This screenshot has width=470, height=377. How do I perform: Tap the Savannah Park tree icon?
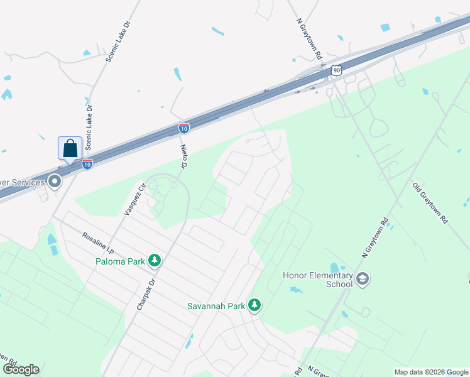[x=254, y=306]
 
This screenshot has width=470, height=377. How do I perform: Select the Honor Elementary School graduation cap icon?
[x=362, y=278]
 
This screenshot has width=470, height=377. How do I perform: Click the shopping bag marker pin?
[x=70, y=148]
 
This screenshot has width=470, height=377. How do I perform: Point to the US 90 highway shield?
[x=337, y=70]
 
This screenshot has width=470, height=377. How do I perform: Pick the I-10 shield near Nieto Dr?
[x=184, y=128]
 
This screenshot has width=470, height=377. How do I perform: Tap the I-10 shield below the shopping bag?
[x=87, y=163]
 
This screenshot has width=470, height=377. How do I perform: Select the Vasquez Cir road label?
[x=136, y=199]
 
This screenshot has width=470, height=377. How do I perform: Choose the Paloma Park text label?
[x=121, y=261]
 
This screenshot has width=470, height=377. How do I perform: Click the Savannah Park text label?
[x=216, y=307]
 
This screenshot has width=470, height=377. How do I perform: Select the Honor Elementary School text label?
[x=317, y=279]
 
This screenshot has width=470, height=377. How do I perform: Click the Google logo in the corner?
[x=21, y=369]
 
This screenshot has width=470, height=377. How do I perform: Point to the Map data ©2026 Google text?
[x=431, y=372]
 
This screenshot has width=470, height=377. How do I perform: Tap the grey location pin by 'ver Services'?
[x=55, y=182]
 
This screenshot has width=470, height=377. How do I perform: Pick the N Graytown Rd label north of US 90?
[x=309, y=38]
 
